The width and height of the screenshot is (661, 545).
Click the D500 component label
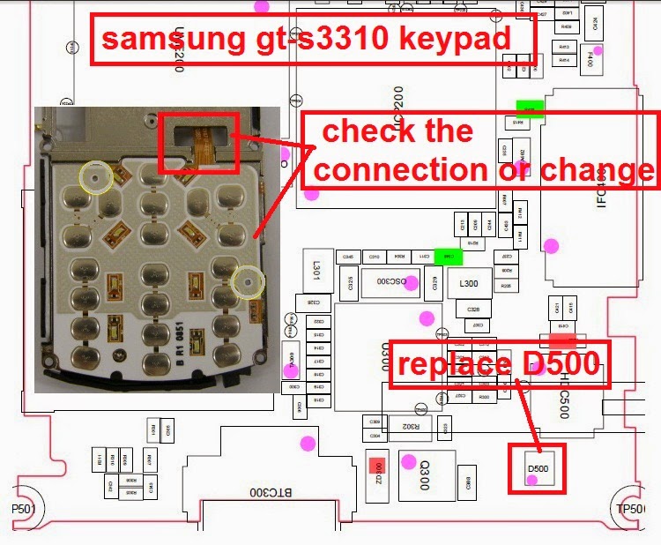coord(538,468)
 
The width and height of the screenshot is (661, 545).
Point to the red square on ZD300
coord(377,466)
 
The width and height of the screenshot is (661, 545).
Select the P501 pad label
coord(19,509)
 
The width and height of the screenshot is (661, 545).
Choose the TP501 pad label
coord(630,509)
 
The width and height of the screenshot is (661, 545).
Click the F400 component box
coord(590,58)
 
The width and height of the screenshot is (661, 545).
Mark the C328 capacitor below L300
coord(473,310)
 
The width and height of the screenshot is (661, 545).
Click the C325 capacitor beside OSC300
coord(352,283)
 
